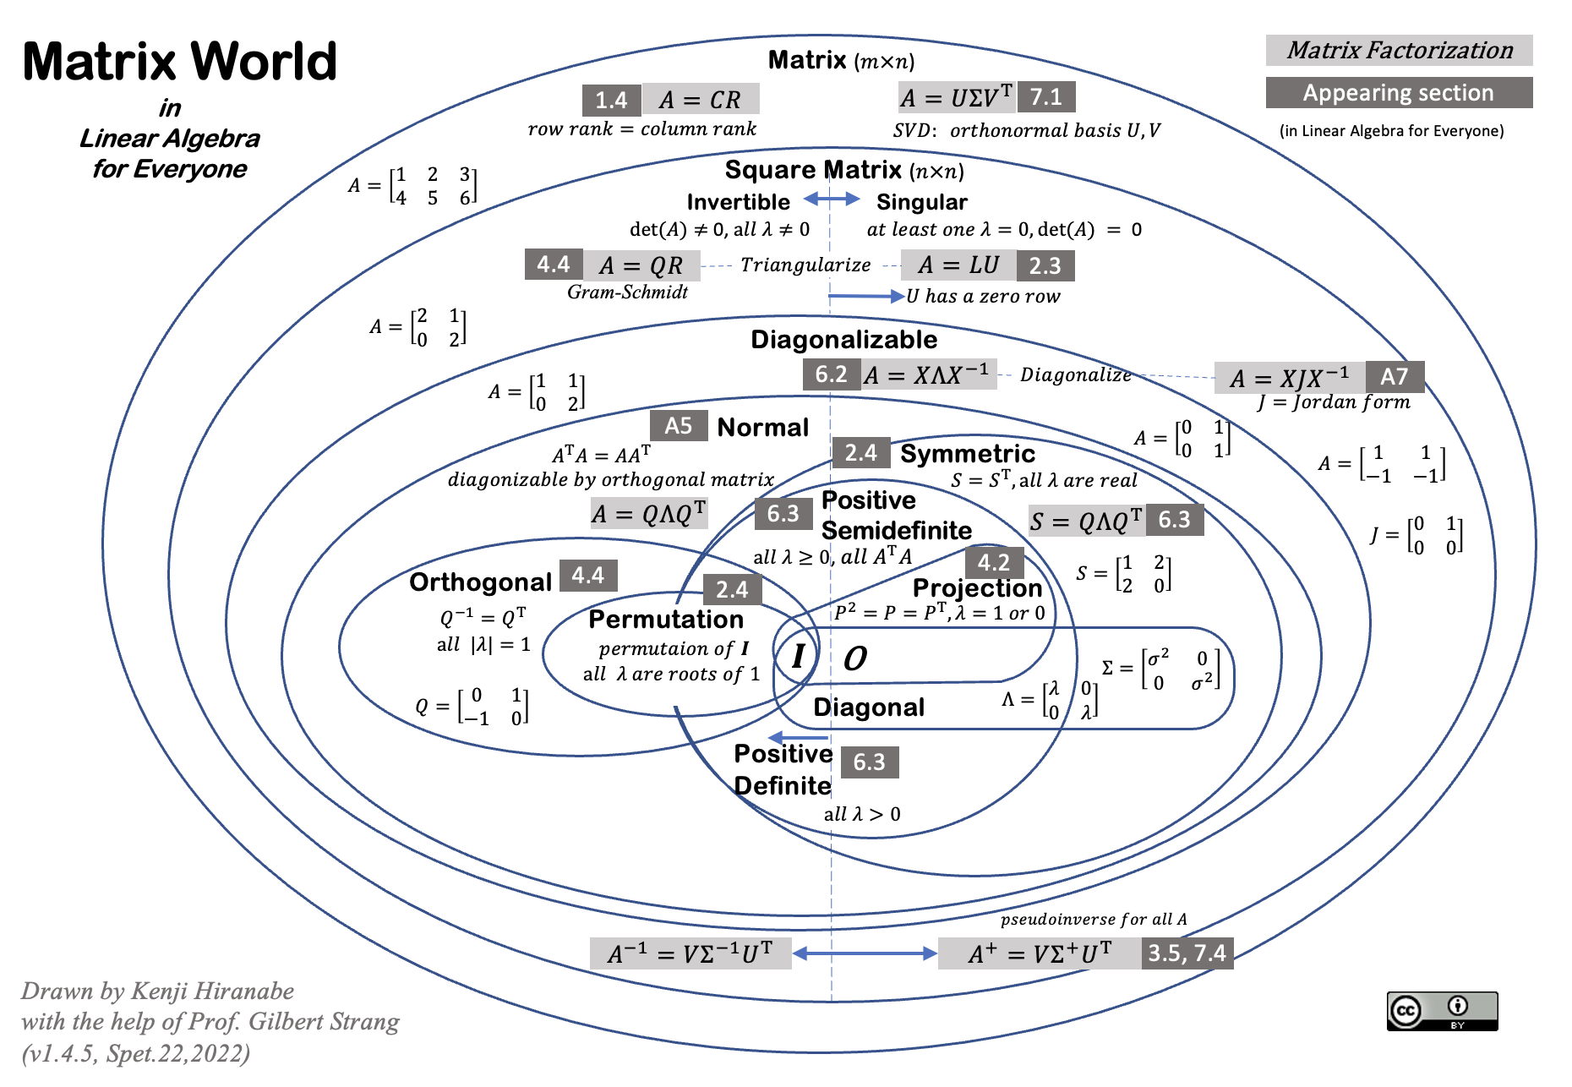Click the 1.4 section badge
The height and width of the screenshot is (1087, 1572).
pos(611,100)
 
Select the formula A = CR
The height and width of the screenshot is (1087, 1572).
pos(700,100)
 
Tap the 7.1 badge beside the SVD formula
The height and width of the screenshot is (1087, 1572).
pos(1046,97)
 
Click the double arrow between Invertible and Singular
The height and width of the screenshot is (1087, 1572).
pos(832,199)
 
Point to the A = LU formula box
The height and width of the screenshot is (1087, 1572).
pos(958,265)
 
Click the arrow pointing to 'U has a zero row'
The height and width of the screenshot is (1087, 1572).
pos(866,296)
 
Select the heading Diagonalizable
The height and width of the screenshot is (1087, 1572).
pos(843,340)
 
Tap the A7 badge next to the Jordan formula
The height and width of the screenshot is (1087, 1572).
pos(1394,376)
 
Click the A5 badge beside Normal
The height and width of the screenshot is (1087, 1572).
pos(679,425)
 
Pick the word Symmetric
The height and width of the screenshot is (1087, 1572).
pos(967,454)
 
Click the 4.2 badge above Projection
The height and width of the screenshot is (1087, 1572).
pos(994,562)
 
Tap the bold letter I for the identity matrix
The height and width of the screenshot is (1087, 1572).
pos(798,656)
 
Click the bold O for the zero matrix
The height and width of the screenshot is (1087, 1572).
pos(855,658)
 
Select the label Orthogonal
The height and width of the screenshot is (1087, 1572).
pos(480,582)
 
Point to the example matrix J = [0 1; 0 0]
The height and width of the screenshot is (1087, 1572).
pos(1416,536)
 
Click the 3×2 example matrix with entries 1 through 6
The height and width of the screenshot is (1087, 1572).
pos(413,186)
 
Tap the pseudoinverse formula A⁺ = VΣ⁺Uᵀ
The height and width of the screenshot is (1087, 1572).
pos(1039,954)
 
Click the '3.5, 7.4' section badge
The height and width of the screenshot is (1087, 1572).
pos(1187,953)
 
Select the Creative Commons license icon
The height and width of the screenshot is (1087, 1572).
pos(1442,1011)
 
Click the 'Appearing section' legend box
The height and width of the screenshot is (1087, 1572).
pos(1398,93)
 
